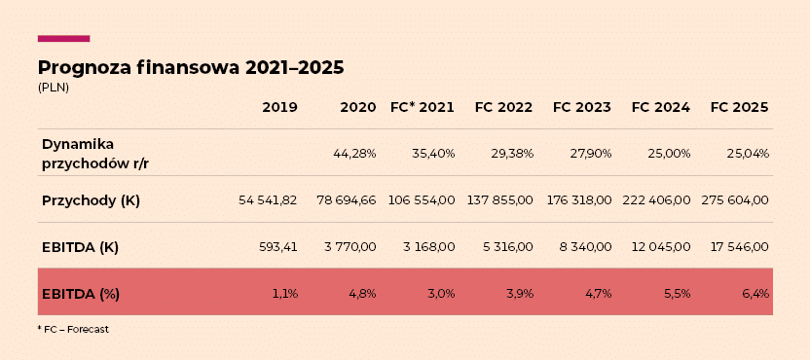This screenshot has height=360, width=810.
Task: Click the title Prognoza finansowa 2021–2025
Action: coord(191,68)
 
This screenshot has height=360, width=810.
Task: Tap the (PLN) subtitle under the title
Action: coord(54,88)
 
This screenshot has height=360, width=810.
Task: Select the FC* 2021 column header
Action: coord(423,107)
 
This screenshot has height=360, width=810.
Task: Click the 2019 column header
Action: coord(280,107)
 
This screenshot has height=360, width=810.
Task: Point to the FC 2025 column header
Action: coord(739,107)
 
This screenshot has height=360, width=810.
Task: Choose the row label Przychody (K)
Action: coord(91,200)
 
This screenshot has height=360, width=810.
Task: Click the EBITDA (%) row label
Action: coord(81,294)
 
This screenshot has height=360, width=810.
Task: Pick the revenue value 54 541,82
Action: coord(268,200)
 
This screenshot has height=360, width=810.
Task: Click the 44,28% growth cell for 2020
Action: coord(355,154)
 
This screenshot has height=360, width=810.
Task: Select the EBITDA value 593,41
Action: coord(277,247)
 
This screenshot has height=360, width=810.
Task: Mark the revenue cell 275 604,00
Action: coord(735,200)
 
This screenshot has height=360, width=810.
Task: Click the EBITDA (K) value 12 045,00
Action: coord(661,247)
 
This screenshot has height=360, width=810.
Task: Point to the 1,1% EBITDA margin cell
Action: coord(285,294)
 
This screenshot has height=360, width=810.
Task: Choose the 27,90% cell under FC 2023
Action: coord(590,154)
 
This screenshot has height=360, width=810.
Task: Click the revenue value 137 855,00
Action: coord(500,200)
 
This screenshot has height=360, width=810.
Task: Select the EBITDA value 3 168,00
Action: coord(429,247)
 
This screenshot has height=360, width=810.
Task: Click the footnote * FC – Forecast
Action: coord(73,330)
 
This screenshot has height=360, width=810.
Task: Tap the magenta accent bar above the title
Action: coord(64,39)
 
